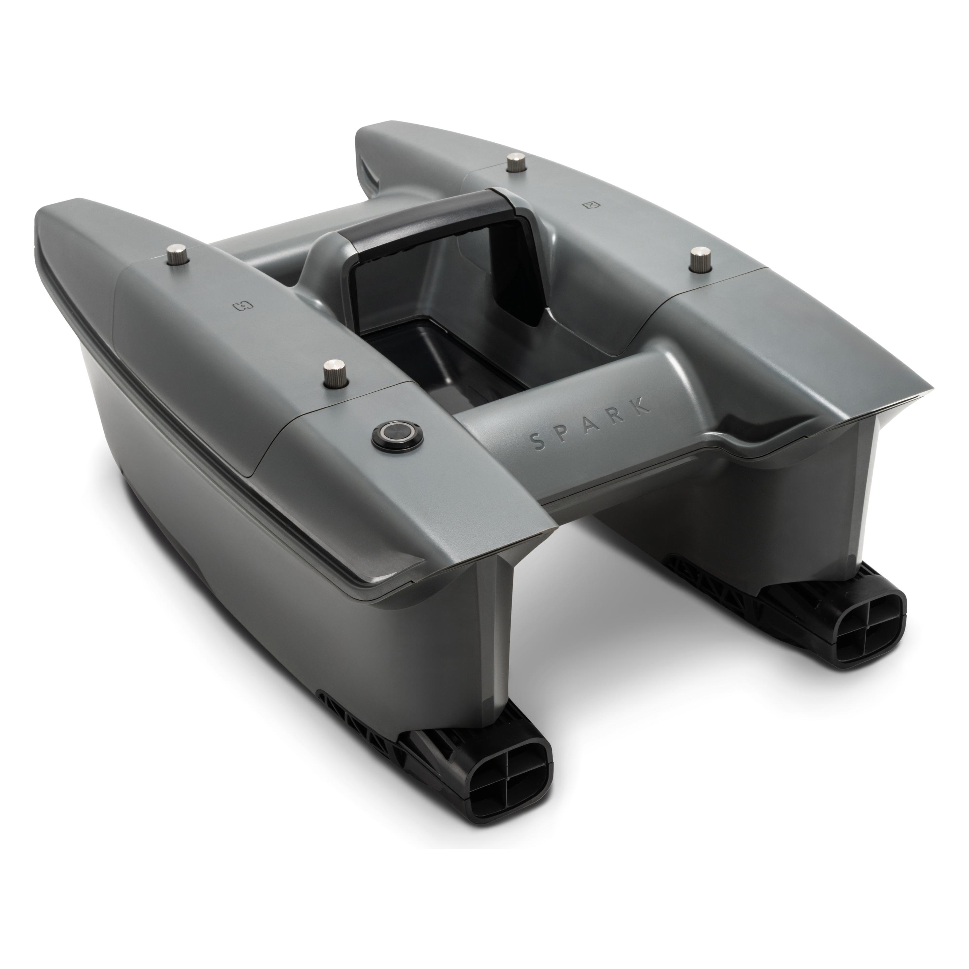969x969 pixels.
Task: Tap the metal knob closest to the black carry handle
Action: coord(514,164)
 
